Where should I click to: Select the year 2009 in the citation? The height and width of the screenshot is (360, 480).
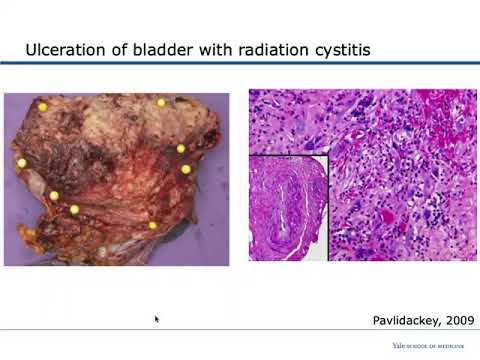tap(455, 320)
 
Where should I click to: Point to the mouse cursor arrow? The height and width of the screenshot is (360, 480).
tap(157, 319)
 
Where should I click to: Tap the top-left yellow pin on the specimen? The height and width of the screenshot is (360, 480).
tap(42, 107)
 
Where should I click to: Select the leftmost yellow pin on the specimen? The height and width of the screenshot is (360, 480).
tap(21, 163)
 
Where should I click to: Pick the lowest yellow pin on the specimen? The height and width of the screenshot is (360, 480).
tap(152, 225)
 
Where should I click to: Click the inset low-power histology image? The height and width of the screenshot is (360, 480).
tap(288, 206)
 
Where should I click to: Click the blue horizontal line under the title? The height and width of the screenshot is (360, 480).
tap(240, 64)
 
